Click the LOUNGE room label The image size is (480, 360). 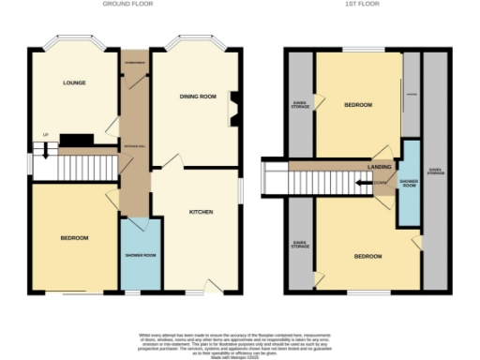[x=74, y=82]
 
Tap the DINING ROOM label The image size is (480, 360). [x=198, y=97]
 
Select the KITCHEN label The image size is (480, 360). [x=201, y=212]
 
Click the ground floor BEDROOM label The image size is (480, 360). [x=74, y=238]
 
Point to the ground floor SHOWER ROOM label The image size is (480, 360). [x=141, y=254]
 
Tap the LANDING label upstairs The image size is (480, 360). [x=379, y=167]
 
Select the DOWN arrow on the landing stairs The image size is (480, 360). [x=379, y=183]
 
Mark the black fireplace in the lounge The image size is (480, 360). [x=76, y=142]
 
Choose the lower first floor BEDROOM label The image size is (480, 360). [x=367, y=255]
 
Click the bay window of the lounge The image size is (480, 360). [x=72, y=42]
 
